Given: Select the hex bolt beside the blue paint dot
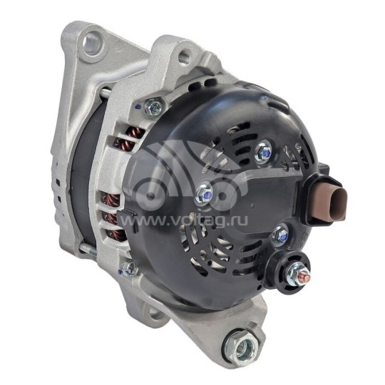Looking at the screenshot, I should point(152,108).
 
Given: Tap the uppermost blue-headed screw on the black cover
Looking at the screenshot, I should point(264,150).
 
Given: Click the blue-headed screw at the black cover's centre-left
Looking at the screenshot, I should point(203,191).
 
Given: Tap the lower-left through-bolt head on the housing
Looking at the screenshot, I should point(128,267).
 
